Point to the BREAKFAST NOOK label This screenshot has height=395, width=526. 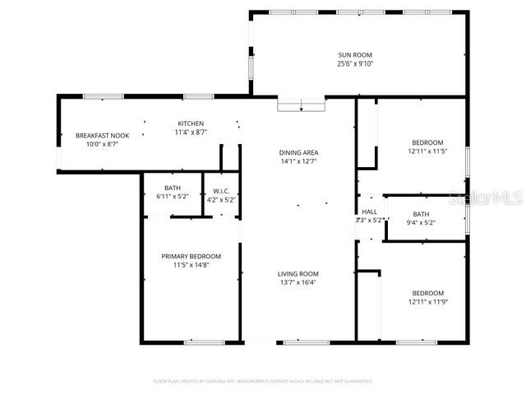pos(102,135)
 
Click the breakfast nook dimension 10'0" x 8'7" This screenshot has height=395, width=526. pos(102,144)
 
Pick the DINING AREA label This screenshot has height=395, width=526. pos(298,152)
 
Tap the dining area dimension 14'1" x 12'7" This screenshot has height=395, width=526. pos(298,161)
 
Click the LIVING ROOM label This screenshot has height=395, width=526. pos(298,274)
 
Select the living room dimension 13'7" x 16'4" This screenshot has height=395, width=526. pos(298,283)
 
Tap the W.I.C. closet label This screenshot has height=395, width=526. pos(219,190)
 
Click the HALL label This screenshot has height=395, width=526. pos(369,211)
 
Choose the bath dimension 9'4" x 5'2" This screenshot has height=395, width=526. pos(420,221)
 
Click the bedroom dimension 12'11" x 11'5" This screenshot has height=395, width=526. pos(427,151)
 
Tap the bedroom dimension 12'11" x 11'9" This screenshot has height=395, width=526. pos(427,302)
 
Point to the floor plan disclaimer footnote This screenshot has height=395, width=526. pos(263,381)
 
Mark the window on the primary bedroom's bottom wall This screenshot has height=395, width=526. pos(204,342)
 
